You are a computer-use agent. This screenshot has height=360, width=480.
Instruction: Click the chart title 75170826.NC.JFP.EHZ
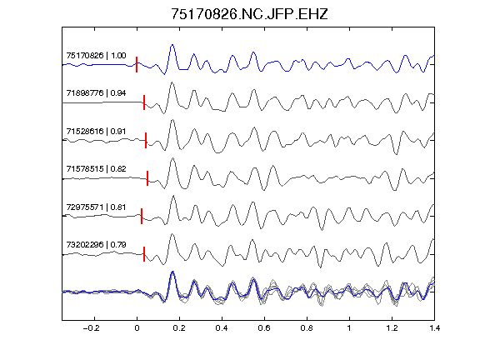coord(249,14)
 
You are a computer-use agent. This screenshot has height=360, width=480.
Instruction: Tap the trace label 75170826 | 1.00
coord(96,55)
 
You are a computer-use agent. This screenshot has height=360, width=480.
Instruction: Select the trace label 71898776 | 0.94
coord(96,93)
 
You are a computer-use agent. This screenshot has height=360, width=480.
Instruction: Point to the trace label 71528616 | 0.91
coord(96,132)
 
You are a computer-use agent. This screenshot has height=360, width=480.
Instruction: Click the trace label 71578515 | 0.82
coord(96,169)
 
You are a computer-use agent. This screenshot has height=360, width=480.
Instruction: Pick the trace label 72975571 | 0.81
coord(96,207)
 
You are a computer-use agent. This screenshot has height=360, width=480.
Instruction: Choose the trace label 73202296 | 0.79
coord(96,245)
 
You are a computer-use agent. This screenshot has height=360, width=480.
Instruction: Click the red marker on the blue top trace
coord(137,65)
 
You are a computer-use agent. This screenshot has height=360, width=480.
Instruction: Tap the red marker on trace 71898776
coord(144,102)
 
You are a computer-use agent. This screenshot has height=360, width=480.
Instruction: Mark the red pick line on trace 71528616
coord(146,140)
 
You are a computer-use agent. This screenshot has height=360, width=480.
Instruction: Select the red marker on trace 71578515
coord(147,178)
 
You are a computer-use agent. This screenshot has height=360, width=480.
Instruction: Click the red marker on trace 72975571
coord(142,216)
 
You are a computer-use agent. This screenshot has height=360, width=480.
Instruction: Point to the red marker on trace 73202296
coord(144,254)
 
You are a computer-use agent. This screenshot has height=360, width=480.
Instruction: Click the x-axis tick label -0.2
coord(92,328)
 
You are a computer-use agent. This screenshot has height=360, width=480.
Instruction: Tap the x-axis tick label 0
coord(137,328)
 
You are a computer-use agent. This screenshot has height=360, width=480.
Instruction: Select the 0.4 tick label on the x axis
coord(222,328)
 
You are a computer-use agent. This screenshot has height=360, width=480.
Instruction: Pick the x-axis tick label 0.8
coord(307,328)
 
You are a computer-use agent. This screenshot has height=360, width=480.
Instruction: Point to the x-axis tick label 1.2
coord(392,328)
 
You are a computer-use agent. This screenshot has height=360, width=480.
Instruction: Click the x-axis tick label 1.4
coord(434,328)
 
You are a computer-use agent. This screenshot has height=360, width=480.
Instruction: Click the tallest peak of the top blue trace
coord(172,45)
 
